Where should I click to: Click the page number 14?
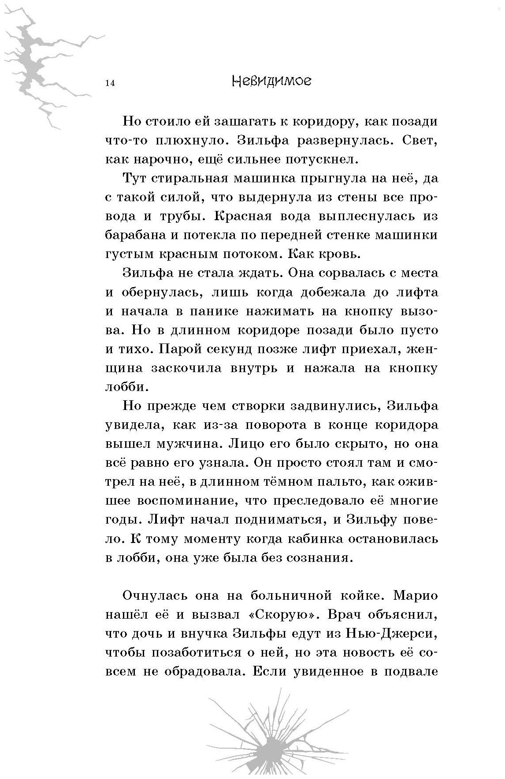tap(110, 84)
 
